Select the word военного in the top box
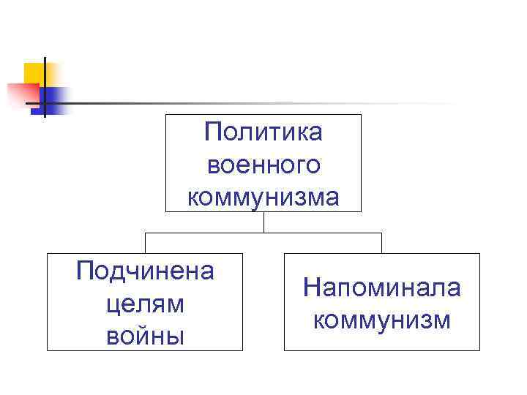click(263, 165)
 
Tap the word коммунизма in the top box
click(263, 197)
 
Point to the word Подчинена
click(145, 271)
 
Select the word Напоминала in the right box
click(382, 287)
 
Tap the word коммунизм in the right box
click(382, 320)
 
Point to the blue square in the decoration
click(56, 99)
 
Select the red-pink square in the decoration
click(22, 94)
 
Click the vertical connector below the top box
click(263, 222)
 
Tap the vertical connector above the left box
click(145, 243)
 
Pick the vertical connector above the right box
click(382, 243)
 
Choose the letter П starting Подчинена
click(84, 271)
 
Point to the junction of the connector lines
click(263, 233)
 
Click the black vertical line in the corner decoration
click(45, 86)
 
